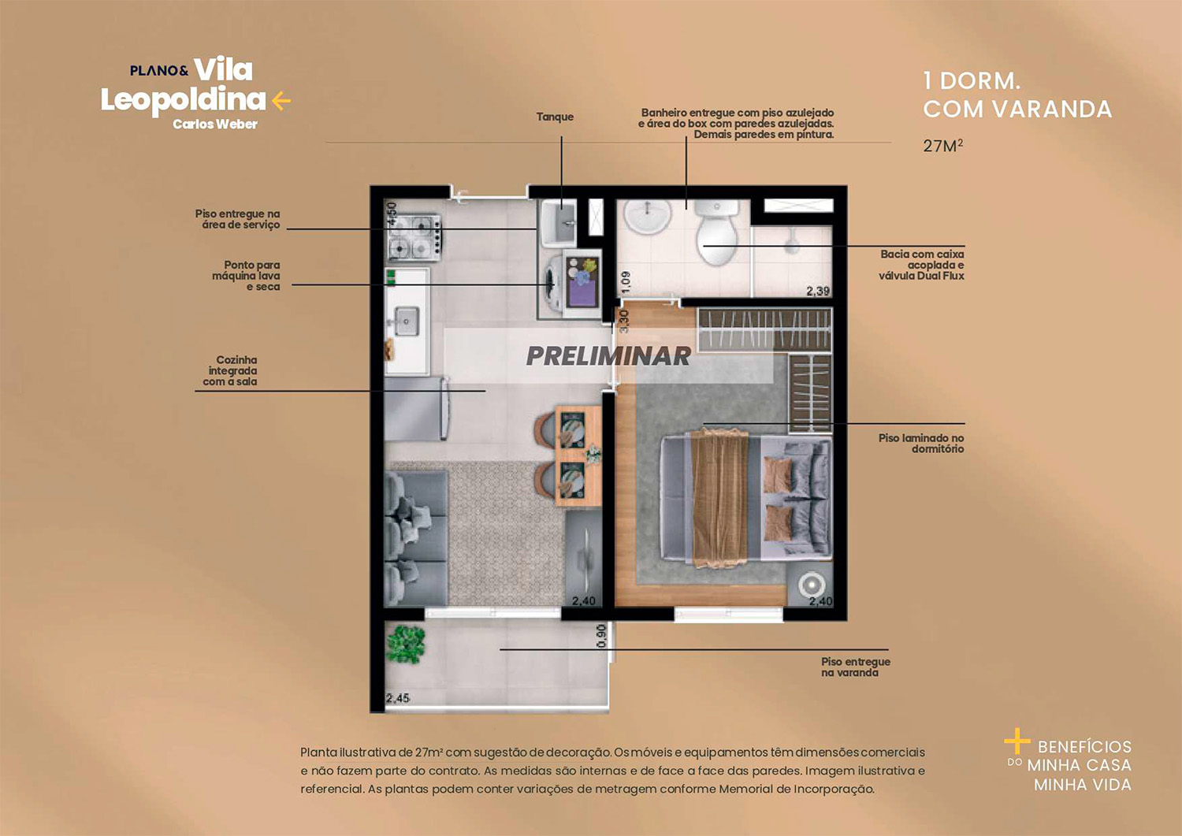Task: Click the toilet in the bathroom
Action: (716, 232)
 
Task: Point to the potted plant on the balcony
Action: (406, 644)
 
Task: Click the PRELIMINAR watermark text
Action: (608, 356)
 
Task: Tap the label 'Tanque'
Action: (555, 117)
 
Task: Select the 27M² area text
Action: (942, 146)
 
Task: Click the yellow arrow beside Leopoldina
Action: (281, 101)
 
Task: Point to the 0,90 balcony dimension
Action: (602, 636)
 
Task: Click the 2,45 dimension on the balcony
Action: (398, 698)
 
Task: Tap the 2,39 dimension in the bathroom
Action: (818, 291)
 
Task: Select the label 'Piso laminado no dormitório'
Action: (921, 444)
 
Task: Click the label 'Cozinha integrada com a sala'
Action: (230, 370)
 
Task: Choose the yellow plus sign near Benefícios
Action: (1017, 741)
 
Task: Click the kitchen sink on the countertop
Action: (407, 321)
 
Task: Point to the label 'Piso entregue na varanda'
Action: (855, 667)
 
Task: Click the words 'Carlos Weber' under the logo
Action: (215, 124)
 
